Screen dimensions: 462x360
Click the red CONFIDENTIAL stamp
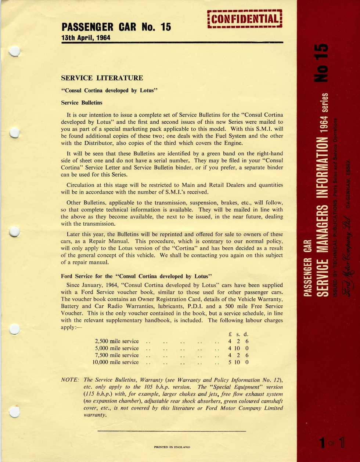click(x=245, y=19)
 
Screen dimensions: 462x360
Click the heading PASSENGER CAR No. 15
click(x=116, y=27)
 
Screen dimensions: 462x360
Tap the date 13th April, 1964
click(x=86, y=37)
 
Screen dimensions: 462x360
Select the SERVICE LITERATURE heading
click(x=102, y=78)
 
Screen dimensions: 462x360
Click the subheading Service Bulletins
click(x=82, y=103)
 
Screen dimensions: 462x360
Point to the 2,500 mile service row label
click(x=117, y=341)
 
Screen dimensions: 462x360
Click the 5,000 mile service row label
click(x=117, y=348)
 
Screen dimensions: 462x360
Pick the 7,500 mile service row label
click(x=117, y=355)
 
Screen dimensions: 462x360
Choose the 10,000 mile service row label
click(x=116, y=362)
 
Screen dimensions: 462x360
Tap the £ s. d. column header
click(x=238, y=334)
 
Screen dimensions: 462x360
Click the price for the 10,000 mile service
click(x=238, y=362)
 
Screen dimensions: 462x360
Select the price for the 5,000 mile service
click(x=238, y=348)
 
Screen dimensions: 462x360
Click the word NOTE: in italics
click(x=70, y=380)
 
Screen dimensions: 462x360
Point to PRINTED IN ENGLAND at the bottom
click(x=172, y=447)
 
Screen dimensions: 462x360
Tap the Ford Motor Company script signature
click(x=346, y=257)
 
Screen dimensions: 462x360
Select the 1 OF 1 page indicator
click(x=332, y=443)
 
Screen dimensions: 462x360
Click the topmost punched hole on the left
click(x=14, y=51)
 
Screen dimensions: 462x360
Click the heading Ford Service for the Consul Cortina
click(x=137, y=276)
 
